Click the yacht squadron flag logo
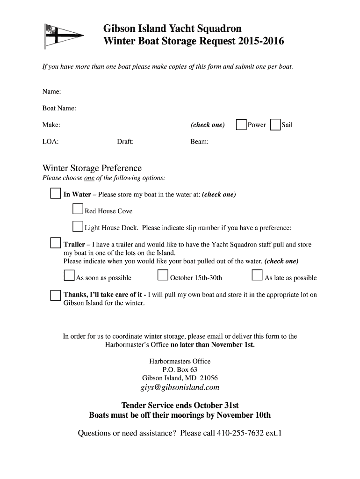(63, 36)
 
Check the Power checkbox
(241, 125)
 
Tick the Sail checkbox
(275, 125)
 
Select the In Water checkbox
(56, 194)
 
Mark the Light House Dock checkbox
(78, 227)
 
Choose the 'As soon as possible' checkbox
(69, 275)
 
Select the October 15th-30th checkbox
(163, 275)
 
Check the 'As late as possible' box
(257, 275)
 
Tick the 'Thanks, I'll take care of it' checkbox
(56, 295)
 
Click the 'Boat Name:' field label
(59, 109)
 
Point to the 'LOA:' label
(50, 142)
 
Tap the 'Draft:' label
(125, 142)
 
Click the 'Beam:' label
(200, 142)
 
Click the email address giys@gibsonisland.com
(180, 387)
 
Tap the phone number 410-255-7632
(240, 433)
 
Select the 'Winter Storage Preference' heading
(92, 168)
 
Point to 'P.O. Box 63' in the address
(180, 370)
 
